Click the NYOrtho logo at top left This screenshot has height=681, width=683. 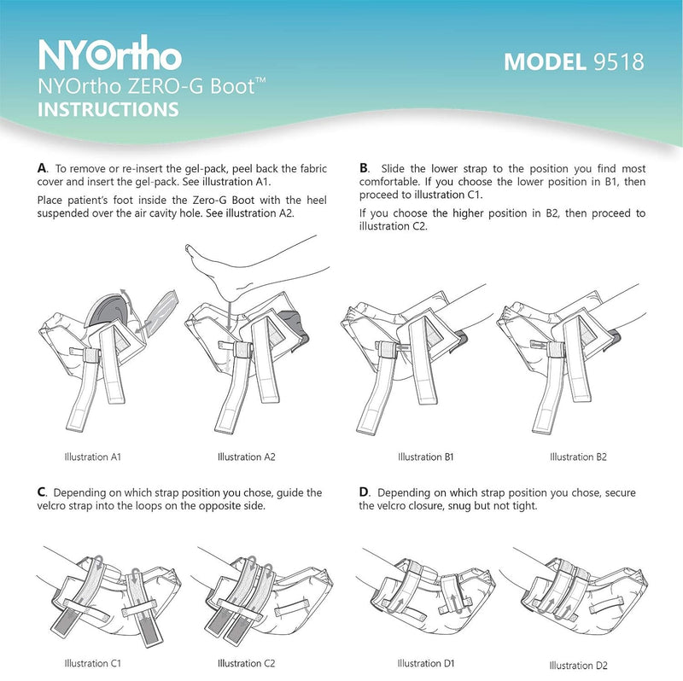110,55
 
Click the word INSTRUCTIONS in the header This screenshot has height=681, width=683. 108,109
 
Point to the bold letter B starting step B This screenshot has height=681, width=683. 365,168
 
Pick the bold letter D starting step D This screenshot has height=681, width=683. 365,492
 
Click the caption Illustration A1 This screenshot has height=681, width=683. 92,457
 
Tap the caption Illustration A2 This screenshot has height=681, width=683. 246,457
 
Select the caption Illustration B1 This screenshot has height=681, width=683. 426,457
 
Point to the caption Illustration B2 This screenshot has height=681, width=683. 578,457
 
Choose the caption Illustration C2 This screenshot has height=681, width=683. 247,662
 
